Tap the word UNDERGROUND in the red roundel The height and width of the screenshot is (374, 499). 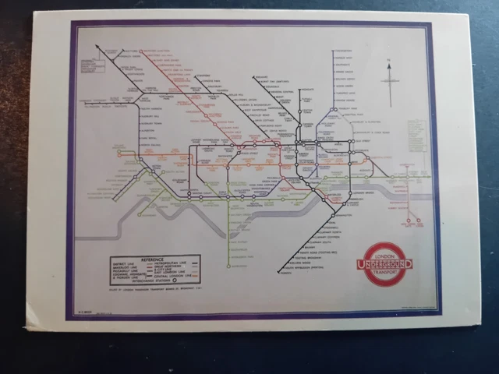tap(388, 265)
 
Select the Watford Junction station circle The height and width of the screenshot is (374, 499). tap(98, 47)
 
